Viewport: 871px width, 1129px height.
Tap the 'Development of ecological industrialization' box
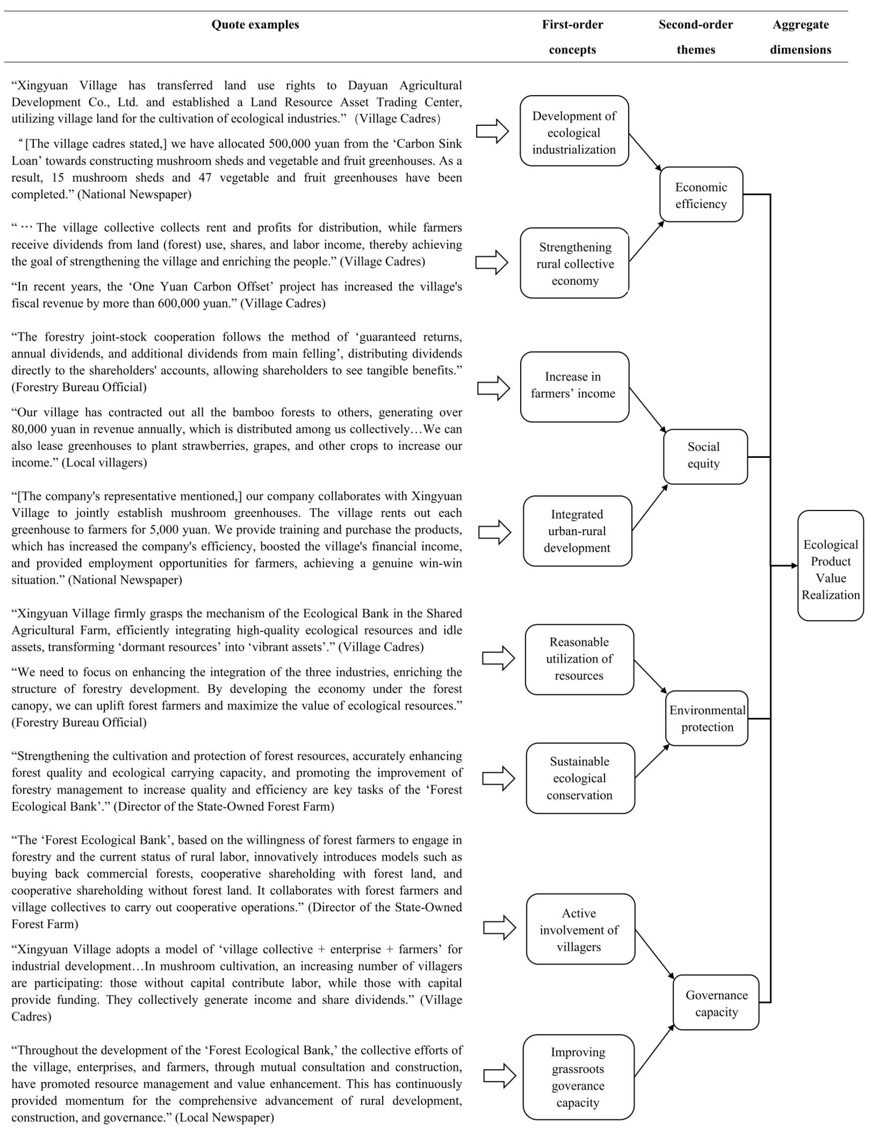coord(574,131)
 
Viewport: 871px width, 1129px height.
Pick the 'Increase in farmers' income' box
coord(574,387)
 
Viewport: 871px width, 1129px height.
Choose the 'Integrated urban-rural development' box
coord(577,531)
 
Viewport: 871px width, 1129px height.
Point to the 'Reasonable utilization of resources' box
coord(579,659)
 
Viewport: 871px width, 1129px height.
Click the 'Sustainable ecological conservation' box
coord(580,778)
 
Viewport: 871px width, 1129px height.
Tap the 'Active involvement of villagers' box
coord(580,929)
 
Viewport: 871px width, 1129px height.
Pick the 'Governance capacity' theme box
coord(716,1002)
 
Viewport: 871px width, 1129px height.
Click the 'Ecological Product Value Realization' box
coord(830,566)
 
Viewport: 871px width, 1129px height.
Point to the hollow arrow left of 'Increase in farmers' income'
coord(493,388)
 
